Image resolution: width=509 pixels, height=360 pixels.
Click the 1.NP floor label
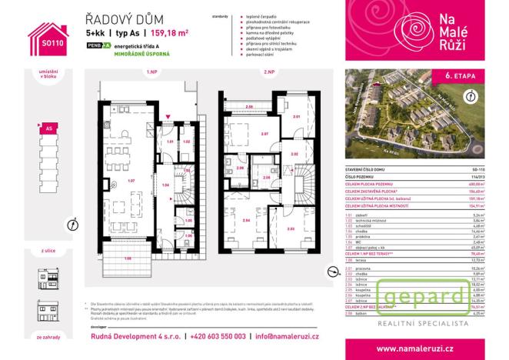[151, 72]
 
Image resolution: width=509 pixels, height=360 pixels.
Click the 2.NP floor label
[269, 72]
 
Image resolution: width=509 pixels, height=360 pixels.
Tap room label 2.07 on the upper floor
[264, 135]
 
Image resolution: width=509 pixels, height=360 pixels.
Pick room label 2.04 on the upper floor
[246, 220]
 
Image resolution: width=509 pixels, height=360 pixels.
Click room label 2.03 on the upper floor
[290, 228]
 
